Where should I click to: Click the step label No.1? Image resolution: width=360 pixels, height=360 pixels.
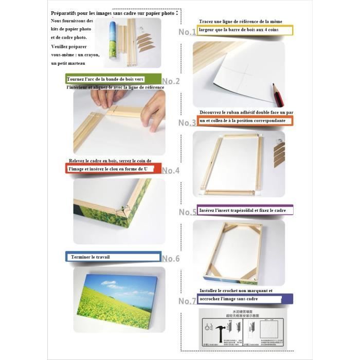coord(187,32)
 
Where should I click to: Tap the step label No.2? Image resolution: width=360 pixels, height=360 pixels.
coord(171,81)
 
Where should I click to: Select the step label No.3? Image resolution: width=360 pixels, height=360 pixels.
coord(187,123)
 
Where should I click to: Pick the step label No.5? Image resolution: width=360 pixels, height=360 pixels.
coord(187,212)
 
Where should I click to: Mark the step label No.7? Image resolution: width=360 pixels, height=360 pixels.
coord(187,301)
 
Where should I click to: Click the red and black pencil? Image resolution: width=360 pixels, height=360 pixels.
coord(278,93)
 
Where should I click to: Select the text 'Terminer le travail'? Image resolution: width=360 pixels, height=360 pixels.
coord(91,257)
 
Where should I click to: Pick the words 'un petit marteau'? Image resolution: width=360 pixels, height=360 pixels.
coord(68,63)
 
